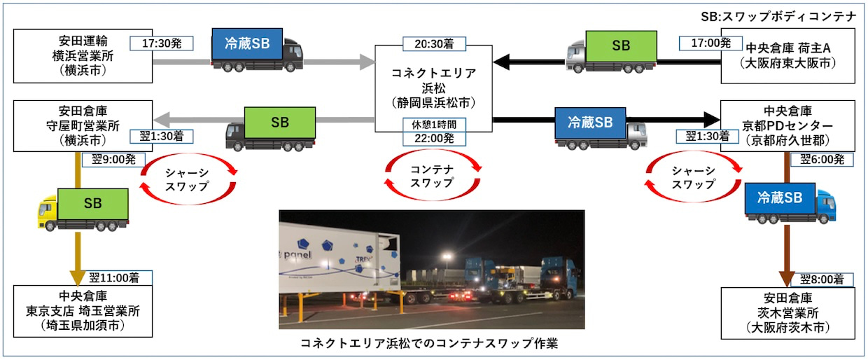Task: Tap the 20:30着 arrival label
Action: point(434,43)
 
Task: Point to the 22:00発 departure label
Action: point(434,138)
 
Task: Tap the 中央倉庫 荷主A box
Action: point(788,55)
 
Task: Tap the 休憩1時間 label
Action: point(434,125)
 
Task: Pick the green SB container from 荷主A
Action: point(621,47)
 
